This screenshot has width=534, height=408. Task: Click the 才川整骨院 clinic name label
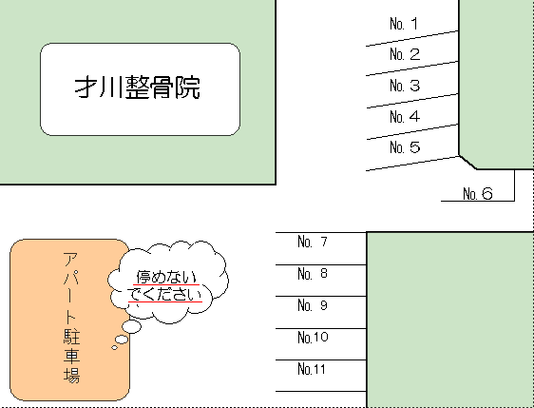click(137, 87)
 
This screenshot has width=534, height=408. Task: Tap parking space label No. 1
click(404, 24)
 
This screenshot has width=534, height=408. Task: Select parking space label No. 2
click(405, 54)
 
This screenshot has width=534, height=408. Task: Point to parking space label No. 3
click(405, 86)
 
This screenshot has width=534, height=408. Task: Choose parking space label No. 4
click(405, 117)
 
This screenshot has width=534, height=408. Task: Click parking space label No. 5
click(405, 147)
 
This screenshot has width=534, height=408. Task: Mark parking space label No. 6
click(478, 194)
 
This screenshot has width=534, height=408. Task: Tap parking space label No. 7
click(313, 242)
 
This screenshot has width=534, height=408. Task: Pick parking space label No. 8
click(313, 273)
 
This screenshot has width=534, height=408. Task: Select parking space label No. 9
click(313, 305)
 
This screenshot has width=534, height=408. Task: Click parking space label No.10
click(313, 337)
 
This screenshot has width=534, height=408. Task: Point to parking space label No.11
click(312, 369)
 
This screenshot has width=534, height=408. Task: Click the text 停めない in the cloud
click(166, 277)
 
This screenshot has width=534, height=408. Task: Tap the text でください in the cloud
click(165, 294)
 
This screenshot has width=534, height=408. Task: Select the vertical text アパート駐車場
click(71, 318)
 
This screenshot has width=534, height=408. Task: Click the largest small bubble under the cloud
click(131, 326)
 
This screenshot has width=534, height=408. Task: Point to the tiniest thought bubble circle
click(114, 348)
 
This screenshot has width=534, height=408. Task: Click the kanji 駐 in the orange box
click(71, 336)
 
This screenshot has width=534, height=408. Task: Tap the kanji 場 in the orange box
click(71, 375)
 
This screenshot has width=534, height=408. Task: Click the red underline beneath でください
click(165, 301)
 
